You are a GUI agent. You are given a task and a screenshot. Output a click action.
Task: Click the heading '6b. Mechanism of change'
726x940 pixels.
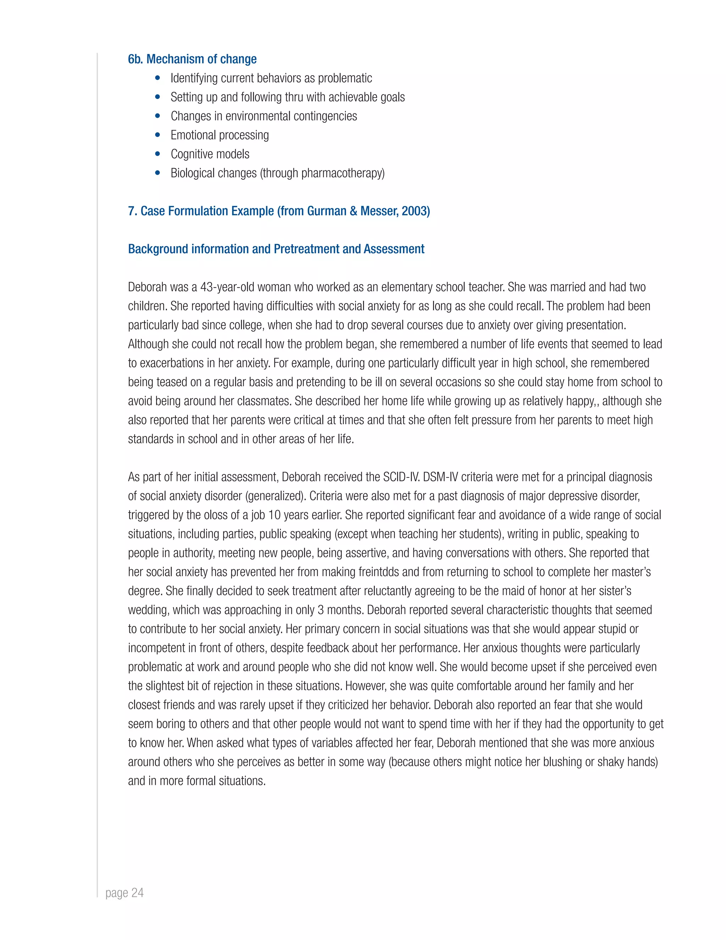192,59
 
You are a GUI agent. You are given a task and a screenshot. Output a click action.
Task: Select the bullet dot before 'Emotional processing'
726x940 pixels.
158,135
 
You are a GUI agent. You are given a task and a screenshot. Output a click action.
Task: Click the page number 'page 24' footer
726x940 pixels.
124,893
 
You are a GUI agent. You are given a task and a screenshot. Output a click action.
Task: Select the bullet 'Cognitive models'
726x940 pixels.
210,154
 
